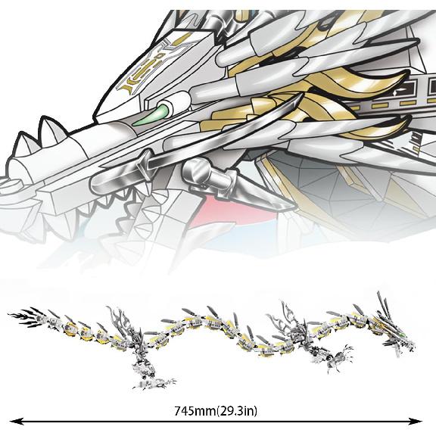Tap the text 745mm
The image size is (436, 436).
click(194, 411)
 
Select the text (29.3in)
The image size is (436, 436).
click(237, 411)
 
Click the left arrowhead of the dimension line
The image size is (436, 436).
click(14, 422)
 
